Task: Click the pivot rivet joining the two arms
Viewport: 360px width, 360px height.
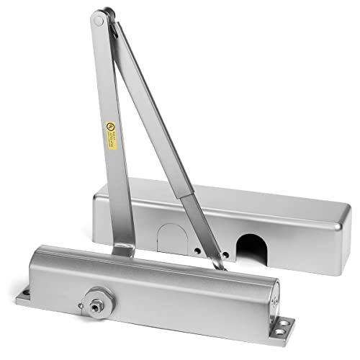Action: pyautogui.click(x=98, y=21)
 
